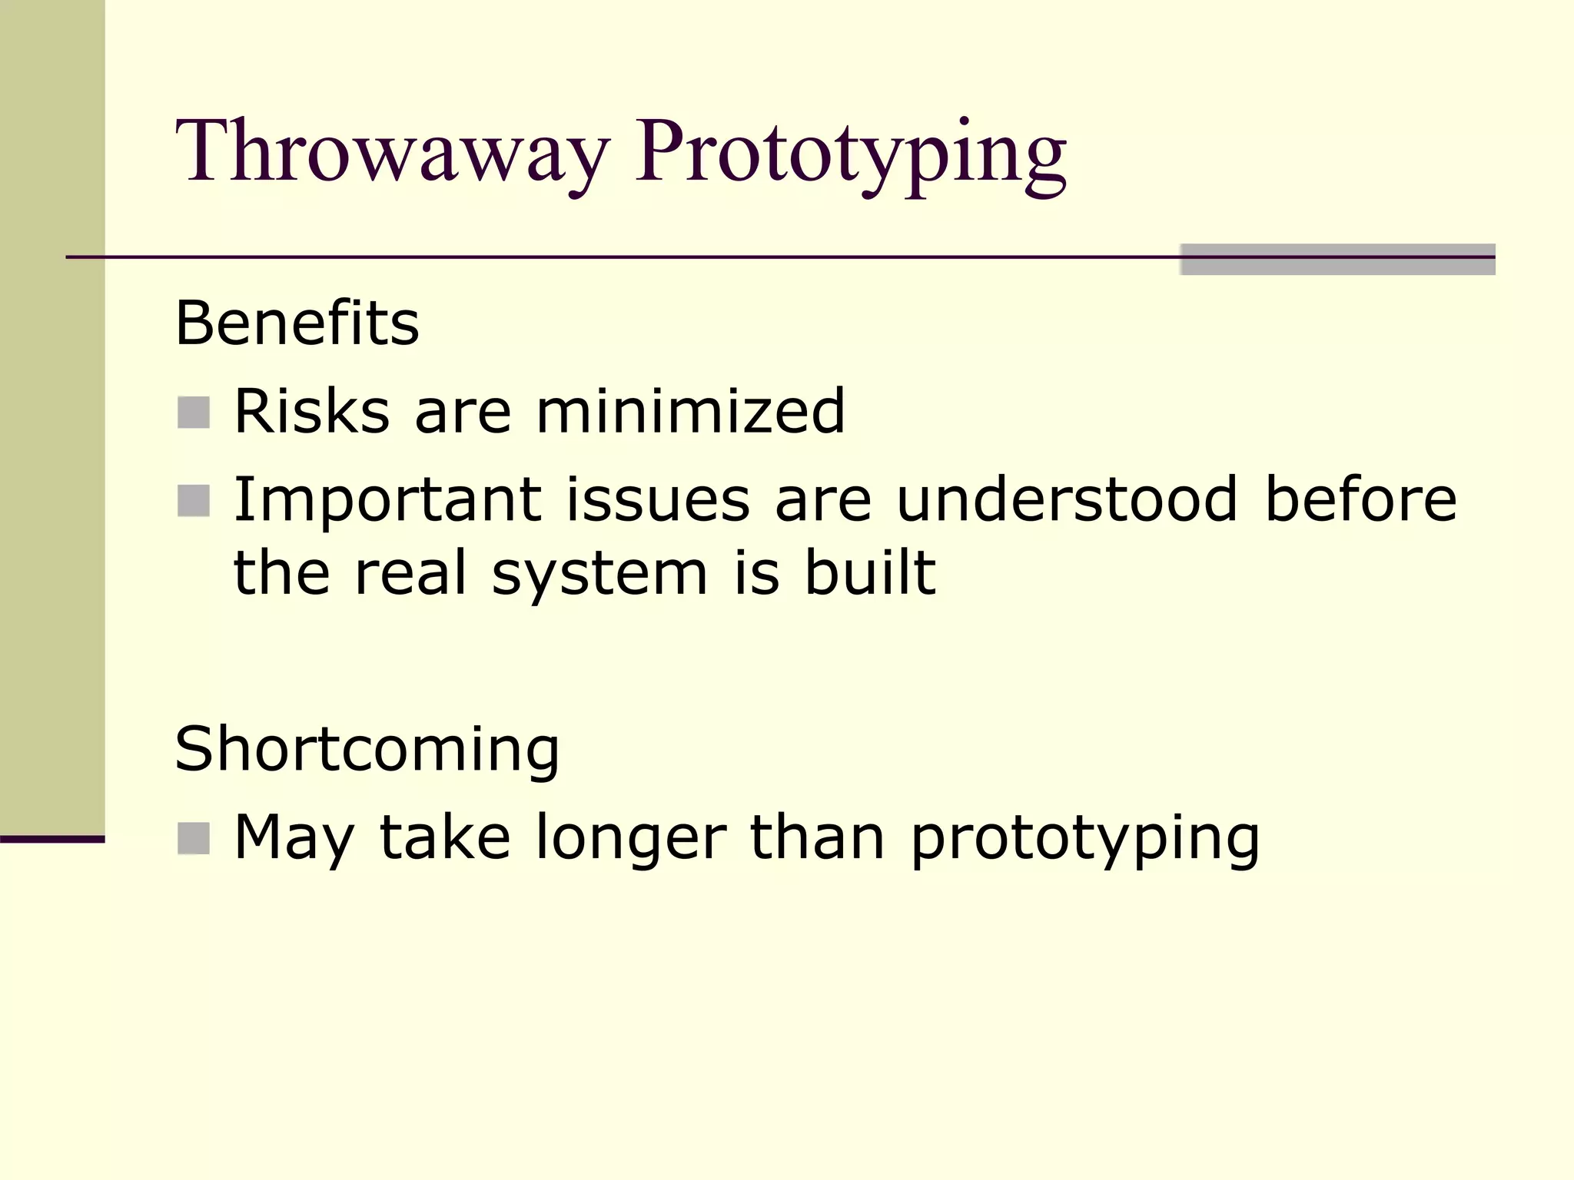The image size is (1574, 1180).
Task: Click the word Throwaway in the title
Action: pyautogui.click(x=393, y=151)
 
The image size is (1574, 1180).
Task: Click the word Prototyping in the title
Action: pyautogui.click(x=851, y=154)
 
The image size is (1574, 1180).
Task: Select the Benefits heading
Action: pyautogui.click(x=297, y=323)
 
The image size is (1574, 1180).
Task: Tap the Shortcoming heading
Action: pyautogui.click(x=367, y=750)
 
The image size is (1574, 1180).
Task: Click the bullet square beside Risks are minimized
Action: pyautogui.click(x=194, y=413)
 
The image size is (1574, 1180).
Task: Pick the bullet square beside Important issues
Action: pyautogui.click(x=194, y=501)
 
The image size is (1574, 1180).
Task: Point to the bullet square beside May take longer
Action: pyautogui.click(x=194, y=838)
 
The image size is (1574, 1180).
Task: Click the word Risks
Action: pyautogui.click(x=311, y=411)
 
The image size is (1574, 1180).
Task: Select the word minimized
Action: pyautogui.click(x=689, y=411)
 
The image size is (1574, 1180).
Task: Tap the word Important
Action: pyautogui.click(x=387, y=500)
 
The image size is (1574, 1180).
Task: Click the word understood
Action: pyautogui.click(x=1067, y=500)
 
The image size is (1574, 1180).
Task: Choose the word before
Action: pyautogui.click(x=1360, y=500)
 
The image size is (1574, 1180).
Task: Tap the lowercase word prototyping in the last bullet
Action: pyautogui.click(x=1084, y=840)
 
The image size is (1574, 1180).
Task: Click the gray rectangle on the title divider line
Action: pyautogui.click(x=1337, y=260)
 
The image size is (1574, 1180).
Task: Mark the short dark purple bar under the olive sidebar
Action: pyautogui.click(x=52, y=839)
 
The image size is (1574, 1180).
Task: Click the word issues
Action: pyautogui.click(x=658, y=500)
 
